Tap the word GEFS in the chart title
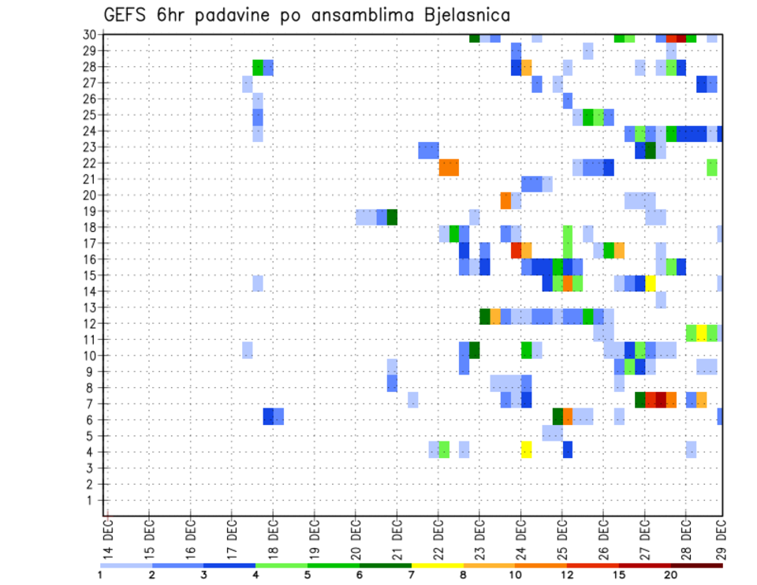(x=128, y=14)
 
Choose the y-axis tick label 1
(x=91, y=500)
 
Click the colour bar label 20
(x=671, y=575)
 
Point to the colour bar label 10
(x=516, y=575)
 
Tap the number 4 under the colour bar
(x=255, y=575)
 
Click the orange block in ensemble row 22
(x=449, y=167)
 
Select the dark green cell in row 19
(x=392, y=217)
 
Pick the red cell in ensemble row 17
(x=516, y=250)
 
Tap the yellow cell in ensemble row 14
(x=651, y=282)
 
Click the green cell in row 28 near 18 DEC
(x=258, y=67)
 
